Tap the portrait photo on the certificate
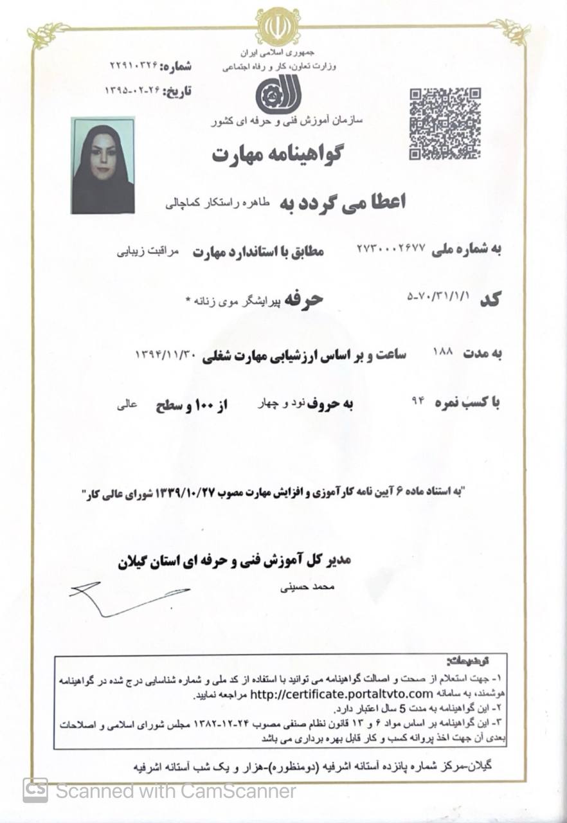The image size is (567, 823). (103, 165)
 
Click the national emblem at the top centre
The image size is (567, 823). (278, 26)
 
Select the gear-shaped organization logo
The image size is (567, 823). (278, 95)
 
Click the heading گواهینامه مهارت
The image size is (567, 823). (278, 154)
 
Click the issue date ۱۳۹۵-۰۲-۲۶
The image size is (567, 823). (134, 91)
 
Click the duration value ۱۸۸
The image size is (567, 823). (444, 352)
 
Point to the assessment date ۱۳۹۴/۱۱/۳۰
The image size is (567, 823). (169, 354)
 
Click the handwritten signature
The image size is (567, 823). (129, 596)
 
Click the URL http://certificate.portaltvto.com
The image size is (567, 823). (341, 694)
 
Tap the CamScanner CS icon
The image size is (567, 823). (35, 790)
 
